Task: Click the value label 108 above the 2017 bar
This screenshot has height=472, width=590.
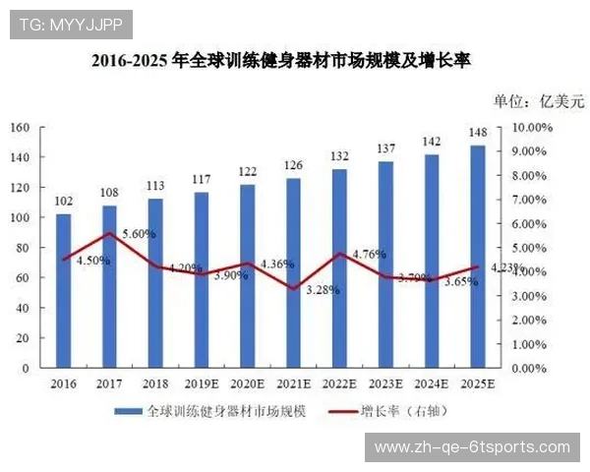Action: (109, 193)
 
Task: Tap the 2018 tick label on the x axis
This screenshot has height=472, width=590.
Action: (155, 383)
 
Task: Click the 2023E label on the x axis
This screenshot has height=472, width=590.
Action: (385, 383)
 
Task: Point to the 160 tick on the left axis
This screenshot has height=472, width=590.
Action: (20, 128)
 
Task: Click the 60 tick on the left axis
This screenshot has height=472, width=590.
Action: (23, 278)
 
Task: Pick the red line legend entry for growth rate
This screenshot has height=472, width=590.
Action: (339, 411)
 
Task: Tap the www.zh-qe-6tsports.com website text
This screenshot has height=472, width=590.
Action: (472, 447)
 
